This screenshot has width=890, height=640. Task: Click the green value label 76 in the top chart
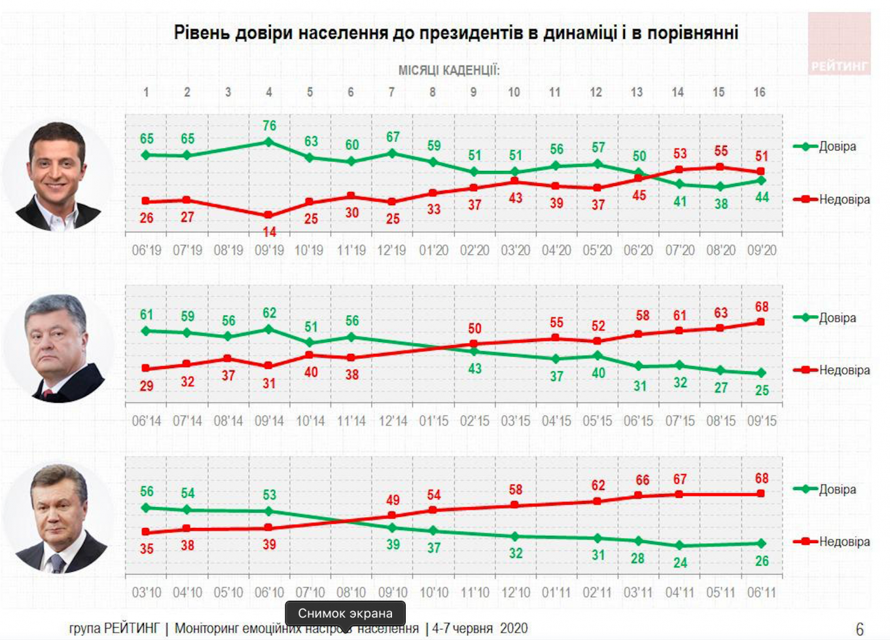269,125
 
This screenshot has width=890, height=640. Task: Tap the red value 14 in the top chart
269,231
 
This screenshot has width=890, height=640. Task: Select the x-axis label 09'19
269,250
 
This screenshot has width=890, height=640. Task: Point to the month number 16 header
759,92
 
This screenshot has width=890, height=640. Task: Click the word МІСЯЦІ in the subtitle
418,70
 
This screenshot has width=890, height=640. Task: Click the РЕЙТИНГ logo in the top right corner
839,43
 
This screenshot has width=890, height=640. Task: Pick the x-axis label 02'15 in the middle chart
474,421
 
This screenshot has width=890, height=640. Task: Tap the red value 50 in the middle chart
474,328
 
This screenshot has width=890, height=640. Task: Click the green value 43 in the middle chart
474,369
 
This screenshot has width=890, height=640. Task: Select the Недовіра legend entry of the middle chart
844,370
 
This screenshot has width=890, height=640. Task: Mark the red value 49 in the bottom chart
393,500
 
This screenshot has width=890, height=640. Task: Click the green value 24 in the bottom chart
680,563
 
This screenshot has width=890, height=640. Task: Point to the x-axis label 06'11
761,593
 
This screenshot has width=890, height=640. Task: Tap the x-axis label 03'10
147,593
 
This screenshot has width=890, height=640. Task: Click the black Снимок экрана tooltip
345,613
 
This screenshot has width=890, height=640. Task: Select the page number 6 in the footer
860,629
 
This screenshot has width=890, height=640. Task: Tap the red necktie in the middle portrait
47,394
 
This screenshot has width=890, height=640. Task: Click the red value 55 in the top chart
721,151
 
